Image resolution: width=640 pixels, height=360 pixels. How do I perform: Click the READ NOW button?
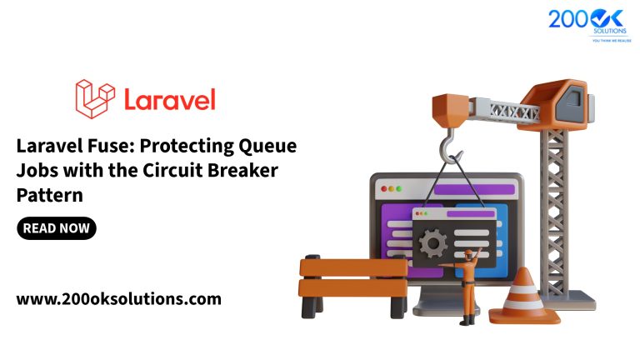(56, 227)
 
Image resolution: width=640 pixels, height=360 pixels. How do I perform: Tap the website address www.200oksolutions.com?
(119, 297)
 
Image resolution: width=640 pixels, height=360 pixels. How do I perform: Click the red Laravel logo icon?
(94, 97)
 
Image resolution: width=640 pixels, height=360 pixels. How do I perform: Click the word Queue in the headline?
(266, 147)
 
